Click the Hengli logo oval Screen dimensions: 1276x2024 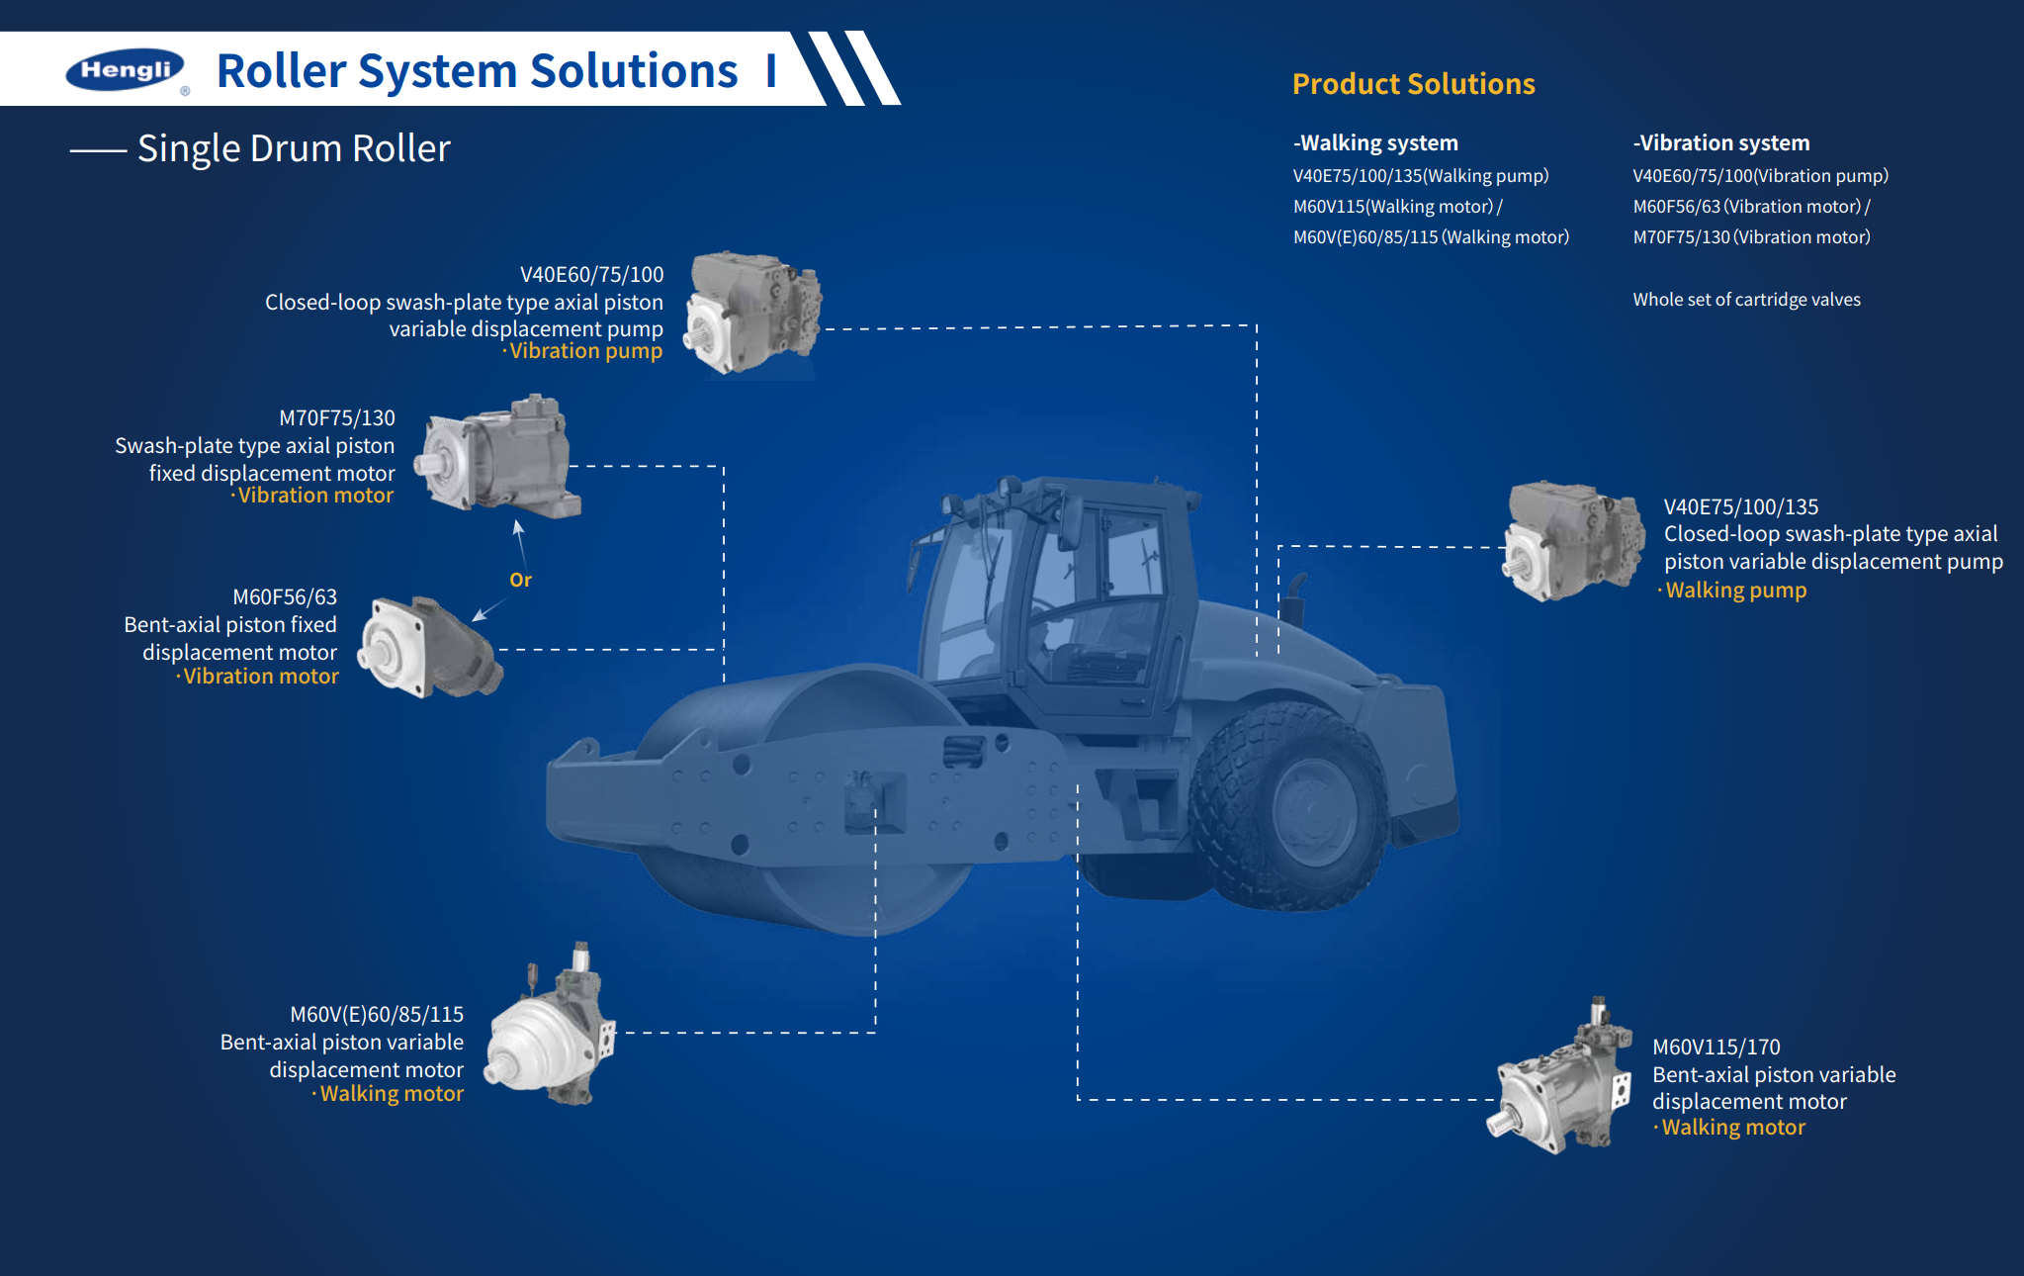click(x=125, y=70)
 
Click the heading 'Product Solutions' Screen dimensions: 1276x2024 click(x=1413, y=84)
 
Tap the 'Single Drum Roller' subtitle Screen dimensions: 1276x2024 click(x=294, y=148)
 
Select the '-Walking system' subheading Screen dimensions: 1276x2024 click(x=1375, y=142)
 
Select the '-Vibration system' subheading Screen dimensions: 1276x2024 click(x=1721, y=142)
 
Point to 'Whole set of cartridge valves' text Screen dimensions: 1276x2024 click(x=1746, y=300)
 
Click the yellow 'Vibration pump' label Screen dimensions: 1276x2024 click(x=585, y=351)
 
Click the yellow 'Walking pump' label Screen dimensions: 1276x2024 click(x=1735, y=591)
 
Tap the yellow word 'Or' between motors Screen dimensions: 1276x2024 click(x=520, y=580)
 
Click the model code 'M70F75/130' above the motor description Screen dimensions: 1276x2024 click(x=337, y=417)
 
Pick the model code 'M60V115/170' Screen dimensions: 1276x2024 click(x=1716, y=1047)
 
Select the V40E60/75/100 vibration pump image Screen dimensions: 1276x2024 click(x=754, y=313)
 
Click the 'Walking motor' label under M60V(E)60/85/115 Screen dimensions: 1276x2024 click(x=392, y=1094)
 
